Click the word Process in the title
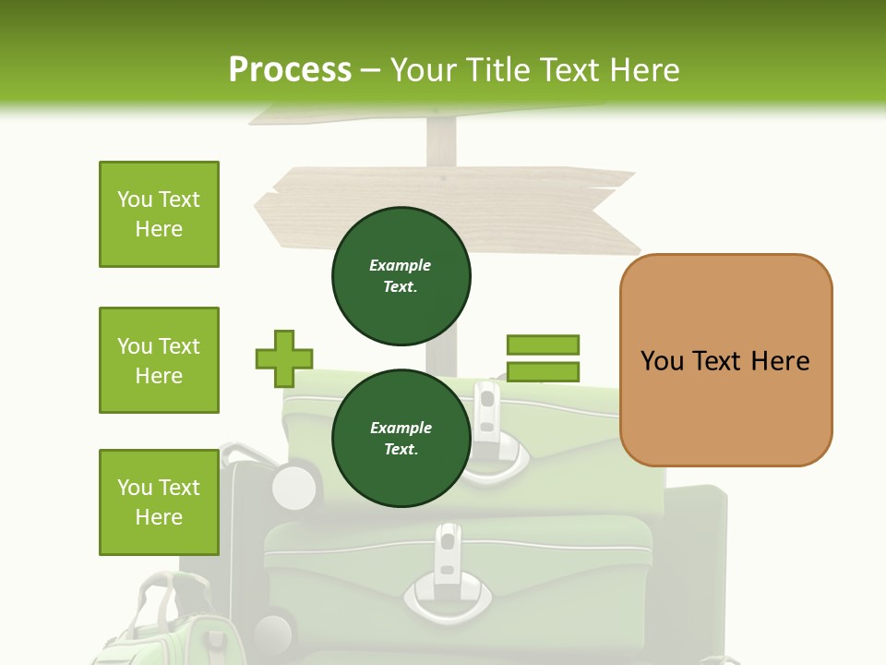click(x=290, y=70)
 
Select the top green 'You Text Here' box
click(x=159, y=214)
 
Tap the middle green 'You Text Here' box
click(x=159, y=360)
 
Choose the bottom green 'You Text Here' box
click(x=159, y=502)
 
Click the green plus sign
click(x=284, y=358)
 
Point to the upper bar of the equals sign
click(x=543, y=345)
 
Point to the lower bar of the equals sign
click(x=543, y=372)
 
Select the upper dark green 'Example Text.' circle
click(x=401, y=275)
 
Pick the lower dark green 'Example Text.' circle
click(x=401, y=438)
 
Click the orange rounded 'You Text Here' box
click(x=725, y=360)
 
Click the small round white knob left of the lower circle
click(x=294, y=487)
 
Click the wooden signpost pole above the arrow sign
click(x=441, y=144)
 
